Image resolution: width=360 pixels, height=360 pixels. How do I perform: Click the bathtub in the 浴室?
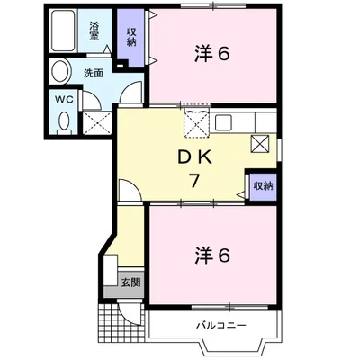coord(63,31)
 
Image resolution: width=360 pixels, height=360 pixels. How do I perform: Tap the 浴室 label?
coord(94,31)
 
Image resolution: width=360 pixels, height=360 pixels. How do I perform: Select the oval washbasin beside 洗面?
coord(61,71)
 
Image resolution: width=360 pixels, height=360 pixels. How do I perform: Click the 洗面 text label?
coord(94,73)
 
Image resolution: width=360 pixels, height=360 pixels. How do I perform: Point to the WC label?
coord(64,100)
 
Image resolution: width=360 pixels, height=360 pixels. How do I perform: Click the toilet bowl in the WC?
coord(64,123)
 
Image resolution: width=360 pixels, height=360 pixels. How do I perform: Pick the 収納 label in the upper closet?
coord(131,37)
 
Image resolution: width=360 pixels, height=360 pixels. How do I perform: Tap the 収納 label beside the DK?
coord(264,186)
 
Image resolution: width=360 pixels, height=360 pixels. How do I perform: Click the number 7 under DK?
coord(194,180)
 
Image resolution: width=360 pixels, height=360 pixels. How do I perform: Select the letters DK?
coord(195,157)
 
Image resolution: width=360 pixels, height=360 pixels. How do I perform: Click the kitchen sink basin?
coord(223,122)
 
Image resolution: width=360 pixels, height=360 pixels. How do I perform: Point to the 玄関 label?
coord(130,282)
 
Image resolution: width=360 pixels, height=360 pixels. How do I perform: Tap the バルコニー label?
coord(221,325)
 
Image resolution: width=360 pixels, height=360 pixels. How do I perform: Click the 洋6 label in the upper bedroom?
coord(212,54)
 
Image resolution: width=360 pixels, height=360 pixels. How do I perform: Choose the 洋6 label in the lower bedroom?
coord(212,256)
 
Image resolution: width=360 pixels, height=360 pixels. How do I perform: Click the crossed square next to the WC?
coord(97,123)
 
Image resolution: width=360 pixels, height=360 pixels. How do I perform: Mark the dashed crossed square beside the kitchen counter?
coord(195,123)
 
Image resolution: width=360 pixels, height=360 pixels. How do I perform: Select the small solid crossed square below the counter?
coord(260,144)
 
